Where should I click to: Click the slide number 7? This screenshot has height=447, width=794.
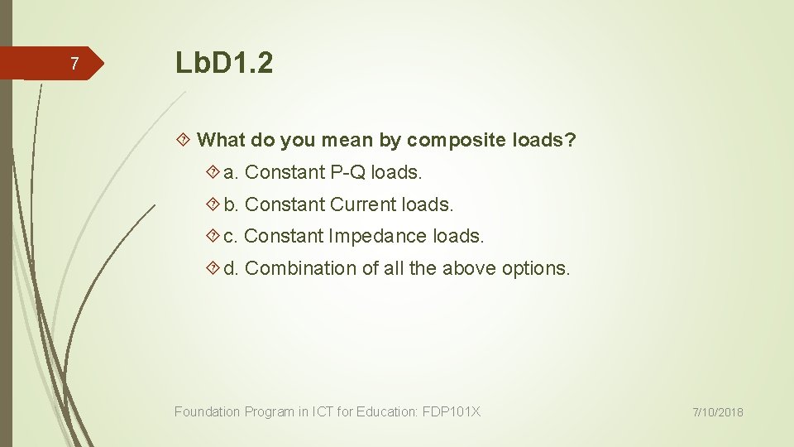tap(74, 65)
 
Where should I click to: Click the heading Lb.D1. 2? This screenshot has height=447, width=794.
tap(223, 63)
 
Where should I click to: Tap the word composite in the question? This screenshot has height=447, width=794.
tap(457, 141)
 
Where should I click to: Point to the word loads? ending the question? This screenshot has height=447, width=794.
tap(544, 140)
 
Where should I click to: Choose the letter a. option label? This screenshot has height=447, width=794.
tap(232, 172)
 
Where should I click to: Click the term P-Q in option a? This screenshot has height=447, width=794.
tap(347, 172)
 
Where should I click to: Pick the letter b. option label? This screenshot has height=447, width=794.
tap(232, 204)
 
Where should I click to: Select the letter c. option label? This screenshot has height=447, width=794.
tap(232, 236)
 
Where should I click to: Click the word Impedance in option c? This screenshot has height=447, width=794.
tap(378, 236)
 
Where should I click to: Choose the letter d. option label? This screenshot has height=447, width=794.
tap(232, 268)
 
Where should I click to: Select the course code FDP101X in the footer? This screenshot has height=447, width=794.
tap(451, 411)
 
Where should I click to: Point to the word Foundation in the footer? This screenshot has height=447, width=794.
tap(208, 411)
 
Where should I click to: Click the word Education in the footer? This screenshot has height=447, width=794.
tap(386, 411)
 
